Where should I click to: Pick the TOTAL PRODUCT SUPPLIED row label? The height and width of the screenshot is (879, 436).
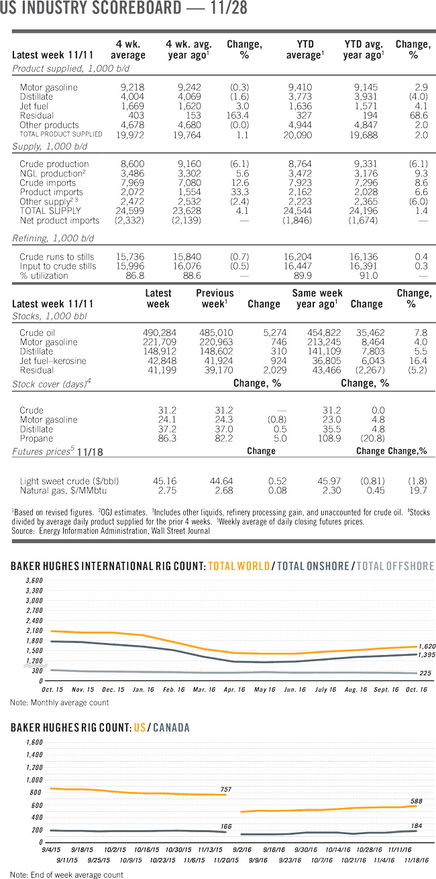[61, 134]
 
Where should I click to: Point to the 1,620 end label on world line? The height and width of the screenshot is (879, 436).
[427, 646]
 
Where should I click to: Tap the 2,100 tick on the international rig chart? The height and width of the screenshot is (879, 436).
[33, 631]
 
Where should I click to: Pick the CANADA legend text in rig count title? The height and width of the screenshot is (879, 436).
[170, 727]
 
